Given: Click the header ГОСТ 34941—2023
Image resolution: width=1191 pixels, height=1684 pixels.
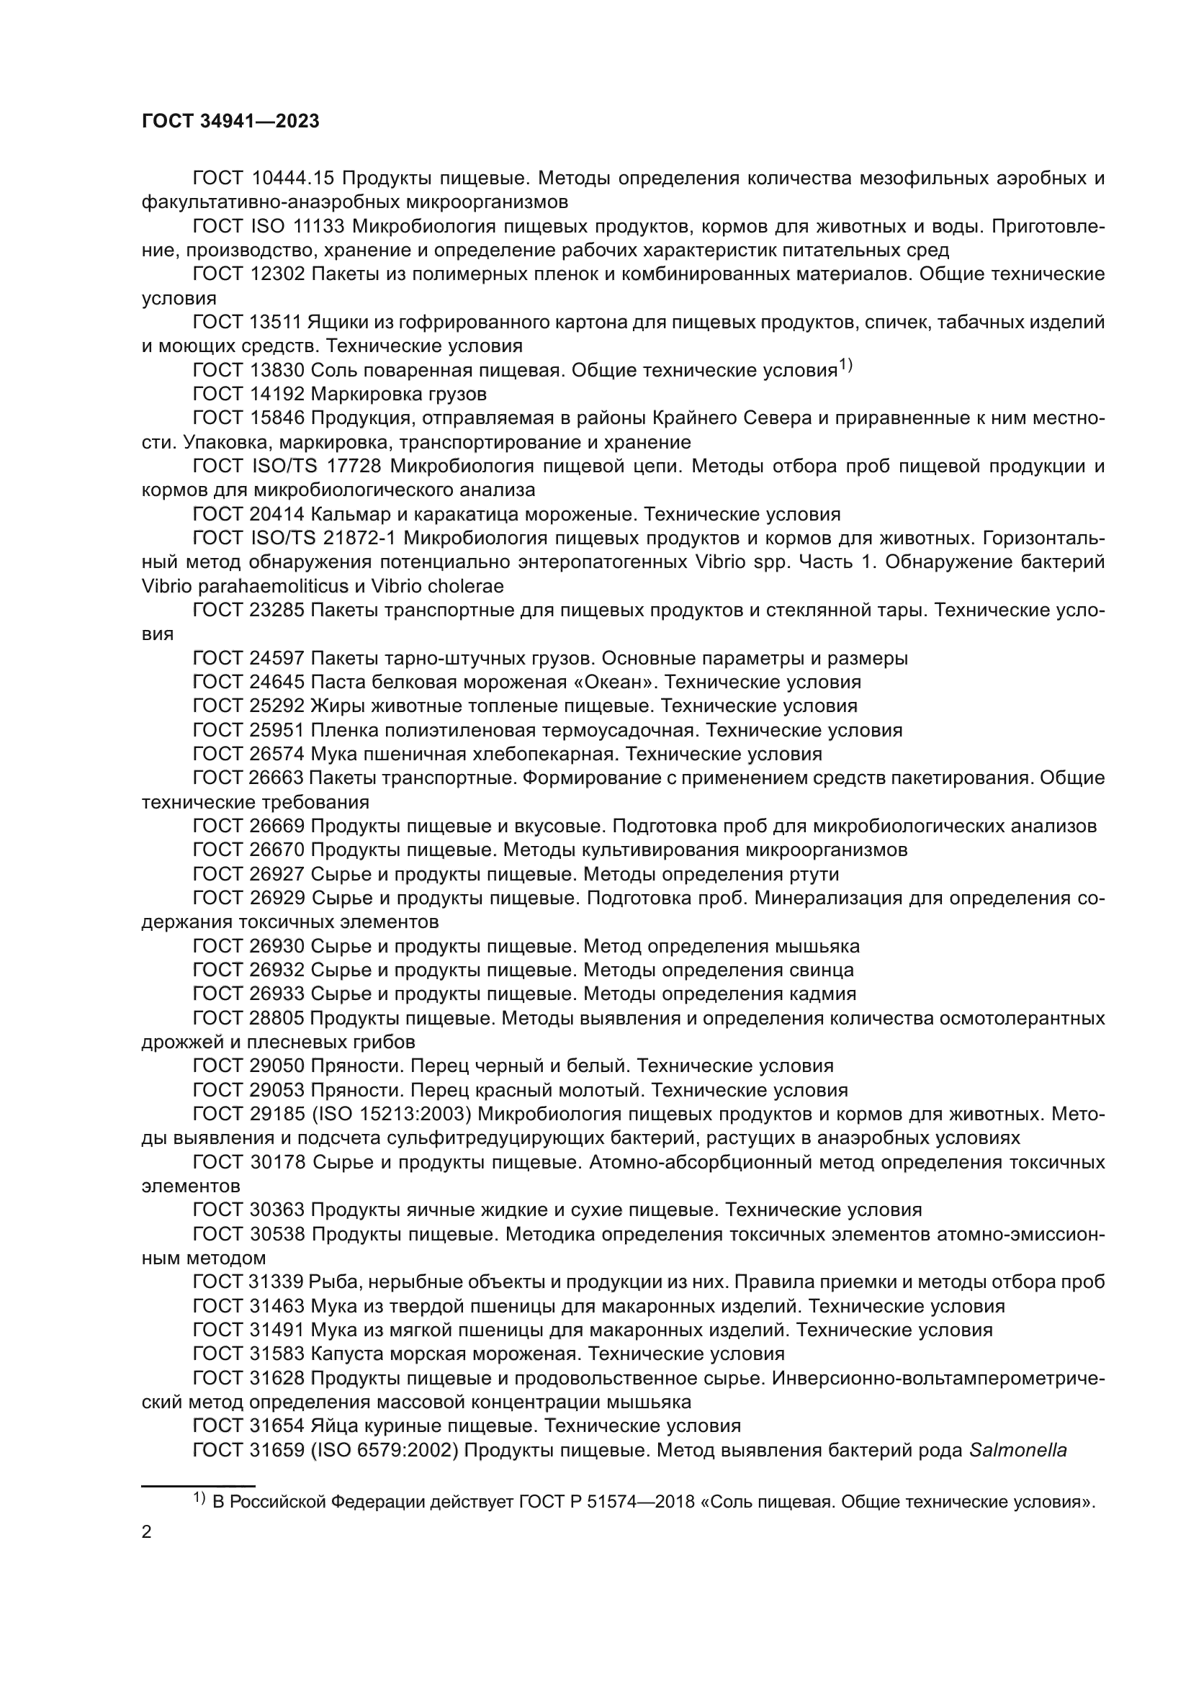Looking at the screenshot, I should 230,122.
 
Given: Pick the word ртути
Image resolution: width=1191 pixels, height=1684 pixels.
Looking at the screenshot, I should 816,874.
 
